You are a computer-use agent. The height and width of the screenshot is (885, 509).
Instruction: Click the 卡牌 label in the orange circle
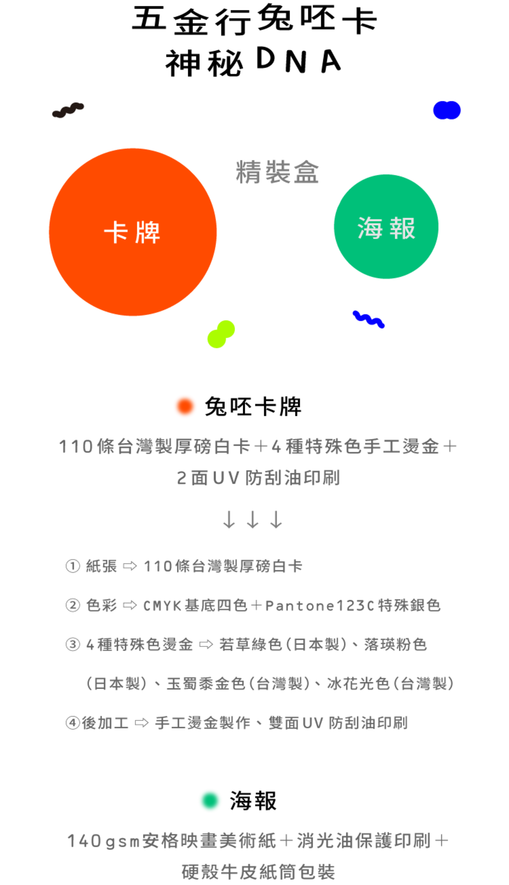[x=132, y=233]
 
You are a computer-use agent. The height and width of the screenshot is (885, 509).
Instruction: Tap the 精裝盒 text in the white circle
[x=277, y=172]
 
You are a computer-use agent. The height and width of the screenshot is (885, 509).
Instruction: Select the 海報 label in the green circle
[x=386, y=228]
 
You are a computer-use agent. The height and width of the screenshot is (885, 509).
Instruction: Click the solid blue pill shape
[x=447, y=110]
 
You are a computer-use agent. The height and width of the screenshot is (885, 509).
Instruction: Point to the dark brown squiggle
[x=68, y=110]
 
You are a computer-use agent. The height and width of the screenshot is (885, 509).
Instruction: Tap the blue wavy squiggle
[x=368, y=319]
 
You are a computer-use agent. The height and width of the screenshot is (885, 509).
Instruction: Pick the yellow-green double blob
[x=221, y=334]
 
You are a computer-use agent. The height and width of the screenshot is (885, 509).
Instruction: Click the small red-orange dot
[x=185, y=406]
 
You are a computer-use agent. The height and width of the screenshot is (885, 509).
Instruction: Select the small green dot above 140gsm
[x=210, y=800]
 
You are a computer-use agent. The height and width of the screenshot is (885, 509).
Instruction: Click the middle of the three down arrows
[x=252, y=519]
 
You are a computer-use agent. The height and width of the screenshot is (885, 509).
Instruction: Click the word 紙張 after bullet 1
[x=101, y=566]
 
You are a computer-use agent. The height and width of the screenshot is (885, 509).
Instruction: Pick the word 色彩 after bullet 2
[x=101, y=605]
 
